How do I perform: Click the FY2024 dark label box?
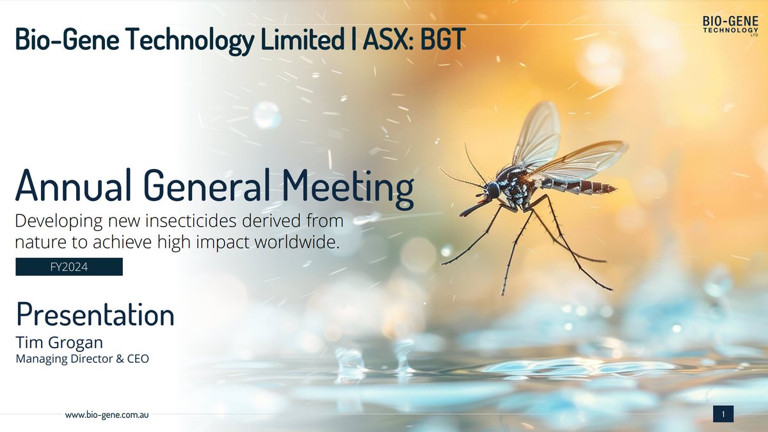click(x=69, y=267)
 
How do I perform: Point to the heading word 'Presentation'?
click(x=95, y=314)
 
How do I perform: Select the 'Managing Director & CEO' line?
click(x=82, y=359)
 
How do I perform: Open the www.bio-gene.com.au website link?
click(x=108, y=415)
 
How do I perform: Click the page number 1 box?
click(x=723, y=415)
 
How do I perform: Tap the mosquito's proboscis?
click(x=472, y=208)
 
